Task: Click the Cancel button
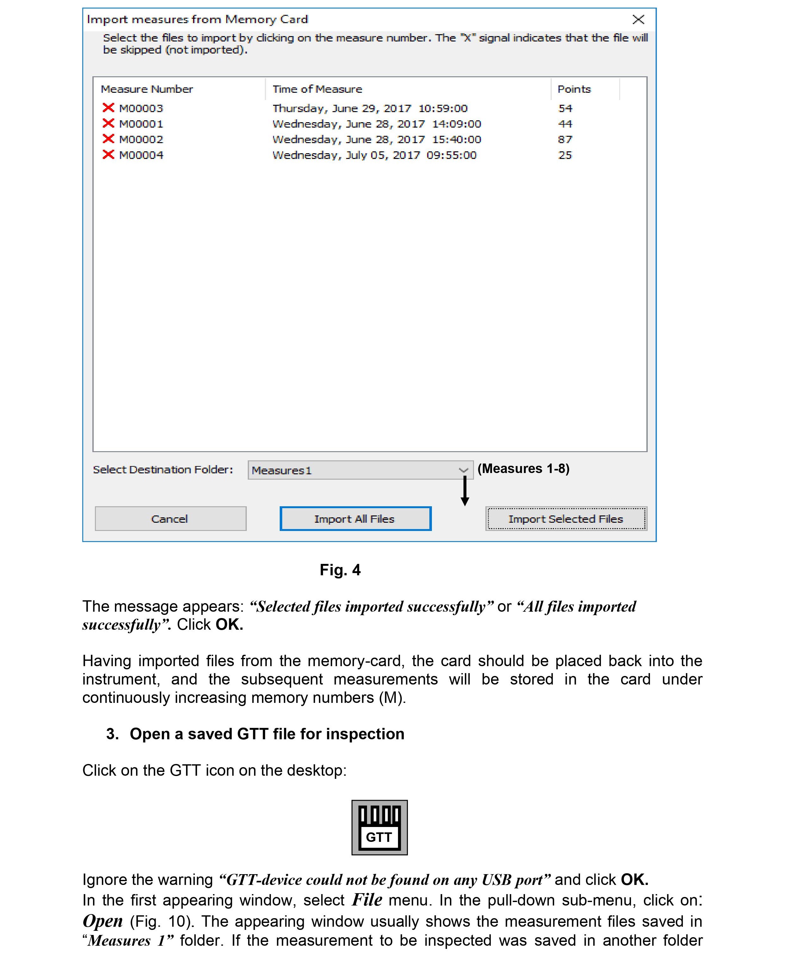(170, 519)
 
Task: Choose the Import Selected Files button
(566, 519)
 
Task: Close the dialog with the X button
(638, 19)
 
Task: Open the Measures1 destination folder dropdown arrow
(463, 470)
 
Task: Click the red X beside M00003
(108, 108)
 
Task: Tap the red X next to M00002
(108, 139)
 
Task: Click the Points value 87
(565, 139)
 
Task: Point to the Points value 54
(565, 108)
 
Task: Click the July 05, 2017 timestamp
(374, 155)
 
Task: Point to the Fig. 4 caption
(340, 570)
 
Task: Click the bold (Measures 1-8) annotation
(523, 468)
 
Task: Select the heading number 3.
(112, 734)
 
